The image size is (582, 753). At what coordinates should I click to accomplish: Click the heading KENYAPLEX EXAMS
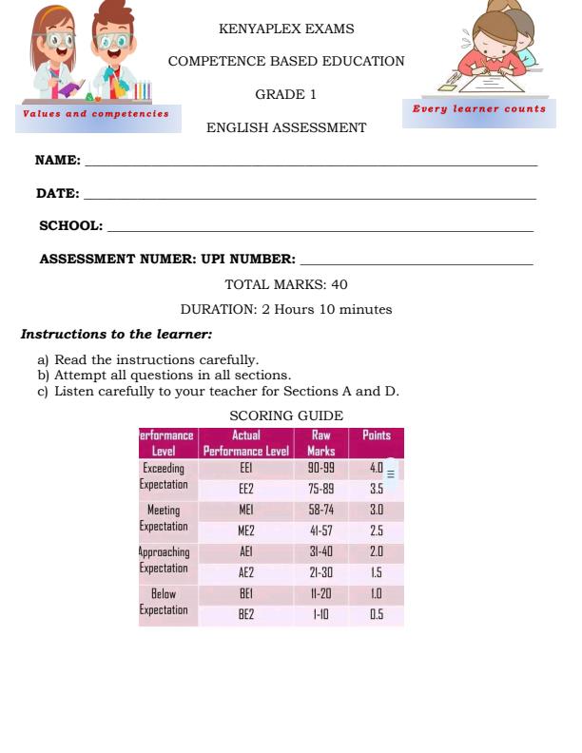pyautogui.click(x=286, y=29)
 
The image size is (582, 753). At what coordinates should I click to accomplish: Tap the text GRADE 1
pyautogui.click(x=286, y=95)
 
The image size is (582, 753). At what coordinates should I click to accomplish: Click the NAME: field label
pyautogui.click(x=58, y=161)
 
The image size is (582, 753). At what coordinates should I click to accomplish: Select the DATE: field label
pyautogui.click(x=58, y=194)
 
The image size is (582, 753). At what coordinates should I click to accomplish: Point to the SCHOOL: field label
pyautogui.click(x=71, y=226)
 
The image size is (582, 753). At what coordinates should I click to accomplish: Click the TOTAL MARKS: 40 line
pyautogui.click(x=286, y=284)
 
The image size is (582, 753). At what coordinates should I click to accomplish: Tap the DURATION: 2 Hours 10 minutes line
pyautogui.click(x=286, y=310)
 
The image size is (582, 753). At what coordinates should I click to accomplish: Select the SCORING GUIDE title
pyautogui.click(x=286, y=416)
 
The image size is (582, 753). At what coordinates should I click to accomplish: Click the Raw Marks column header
pyautogui.click(x=321, y=443)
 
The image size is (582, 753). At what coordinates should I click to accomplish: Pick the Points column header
pyautogui.click(x=377, y=436)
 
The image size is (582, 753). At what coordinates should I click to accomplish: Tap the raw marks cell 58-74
pyautogui.click(x=320, y=511)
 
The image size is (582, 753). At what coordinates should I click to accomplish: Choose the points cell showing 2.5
pyautogui.click(x=377, y=531)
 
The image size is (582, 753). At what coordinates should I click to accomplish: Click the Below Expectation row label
pyautogui.click(x=164, y=603)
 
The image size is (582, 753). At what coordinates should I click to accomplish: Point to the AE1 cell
pyautogui.click(x=246, y=552)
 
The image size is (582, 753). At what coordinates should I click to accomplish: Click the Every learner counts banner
pyautogui.click(x=479, y=109)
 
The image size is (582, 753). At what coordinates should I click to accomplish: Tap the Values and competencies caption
pyautogui.click(x=96, y=113)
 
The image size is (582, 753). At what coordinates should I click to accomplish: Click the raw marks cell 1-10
pyautogui.click(x=320, y=614)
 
